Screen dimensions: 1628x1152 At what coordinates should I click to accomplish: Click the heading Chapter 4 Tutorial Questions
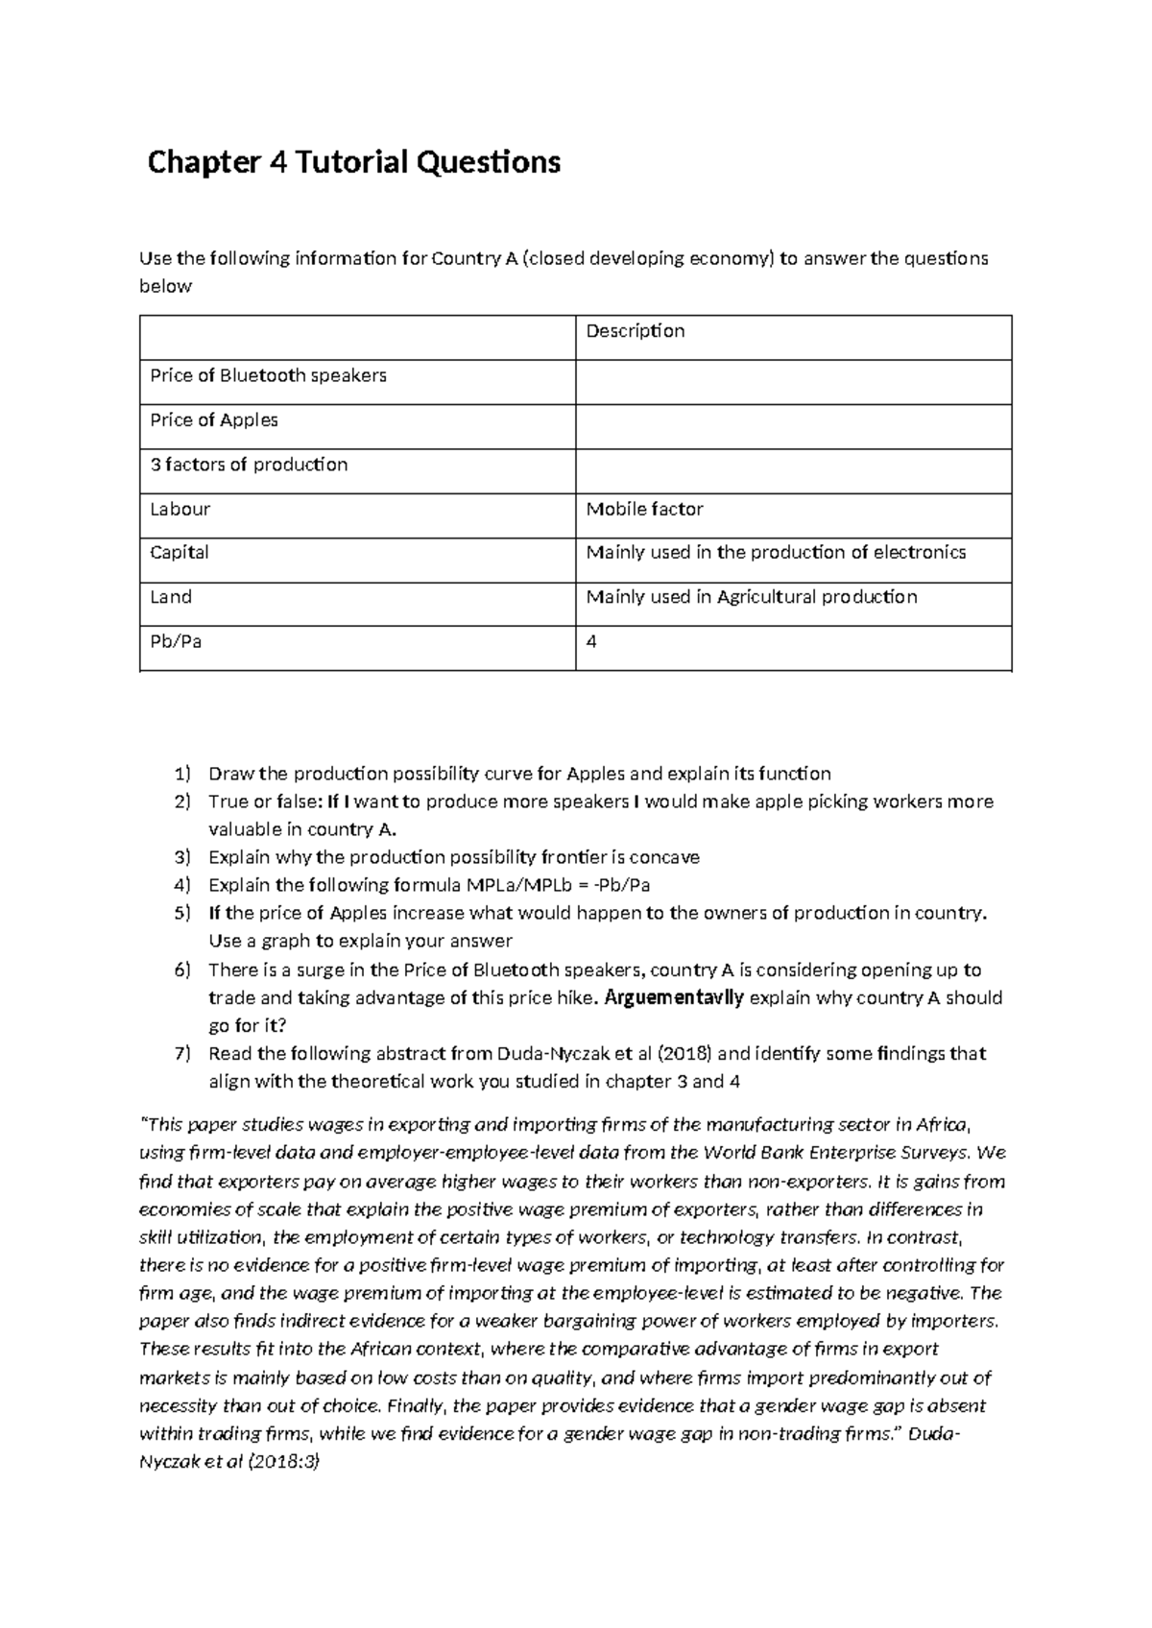click(x=353, y=162)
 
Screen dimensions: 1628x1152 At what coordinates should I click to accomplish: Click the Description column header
click(x=635, y=331)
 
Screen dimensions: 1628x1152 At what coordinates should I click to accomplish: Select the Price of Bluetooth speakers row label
click(x=268, y=375)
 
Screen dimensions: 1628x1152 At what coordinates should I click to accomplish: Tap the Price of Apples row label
click(x=214, y=419)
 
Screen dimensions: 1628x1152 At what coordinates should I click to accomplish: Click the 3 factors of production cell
click(x=249, y=465)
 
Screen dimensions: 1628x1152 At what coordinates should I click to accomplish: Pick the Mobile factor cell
click(x=644, y=509)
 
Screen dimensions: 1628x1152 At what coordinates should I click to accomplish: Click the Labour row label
click(x=180, y=509)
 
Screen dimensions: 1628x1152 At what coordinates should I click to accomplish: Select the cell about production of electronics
click(x=776, y=552)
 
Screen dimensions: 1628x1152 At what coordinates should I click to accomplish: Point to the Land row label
click(x=171, y=597)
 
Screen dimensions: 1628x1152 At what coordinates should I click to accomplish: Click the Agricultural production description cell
click(x=752, y=597)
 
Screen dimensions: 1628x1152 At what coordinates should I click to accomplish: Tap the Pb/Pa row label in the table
click(x=176, y=641)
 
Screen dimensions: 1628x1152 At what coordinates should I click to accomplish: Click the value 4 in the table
click(x=591, y=641)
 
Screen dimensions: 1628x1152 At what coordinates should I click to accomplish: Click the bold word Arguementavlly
click(x=673, y=997)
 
